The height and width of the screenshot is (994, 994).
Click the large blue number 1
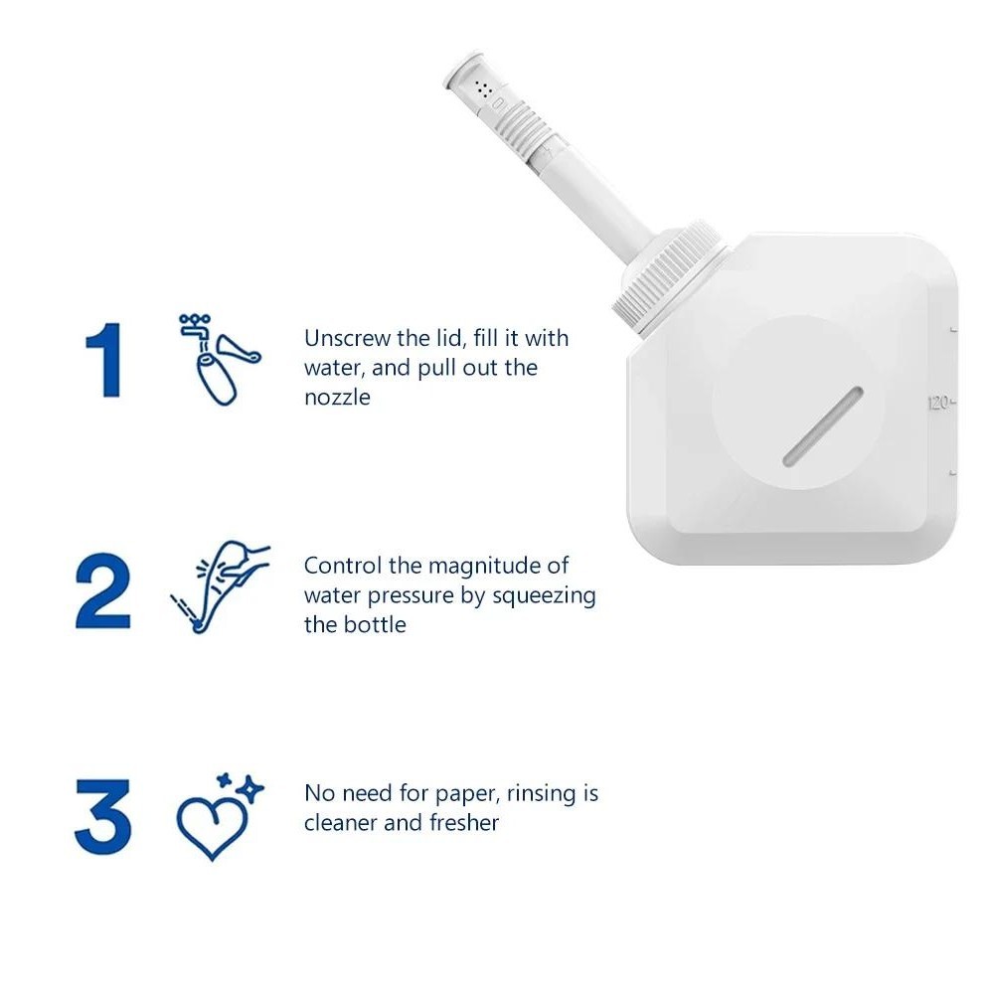(103, 360)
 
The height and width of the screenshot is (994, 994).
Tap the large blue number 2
(102, 590)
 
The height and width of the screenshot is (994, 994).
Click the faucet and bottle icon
(220, 360)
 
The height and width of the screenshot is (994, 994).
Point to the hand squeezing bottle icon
(220, 586)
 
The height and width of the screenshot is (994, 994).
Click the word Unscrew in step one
(347, 339)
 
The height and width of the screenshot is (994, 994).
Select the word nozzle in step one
(337, 398)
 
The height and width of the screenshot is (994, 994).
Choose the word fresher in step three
(464, 823)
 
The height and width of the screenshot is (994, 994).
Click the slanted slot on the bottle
(823, 426)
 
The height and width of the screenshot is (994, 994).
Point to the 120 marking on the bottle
(939, 403)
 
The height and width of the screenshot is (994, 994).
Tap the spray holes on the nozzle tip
(484, 89)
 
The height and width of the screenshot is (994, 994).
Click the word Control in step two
(343, 566)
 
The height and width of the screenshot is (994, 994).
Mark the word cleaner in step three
(341, 823)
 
